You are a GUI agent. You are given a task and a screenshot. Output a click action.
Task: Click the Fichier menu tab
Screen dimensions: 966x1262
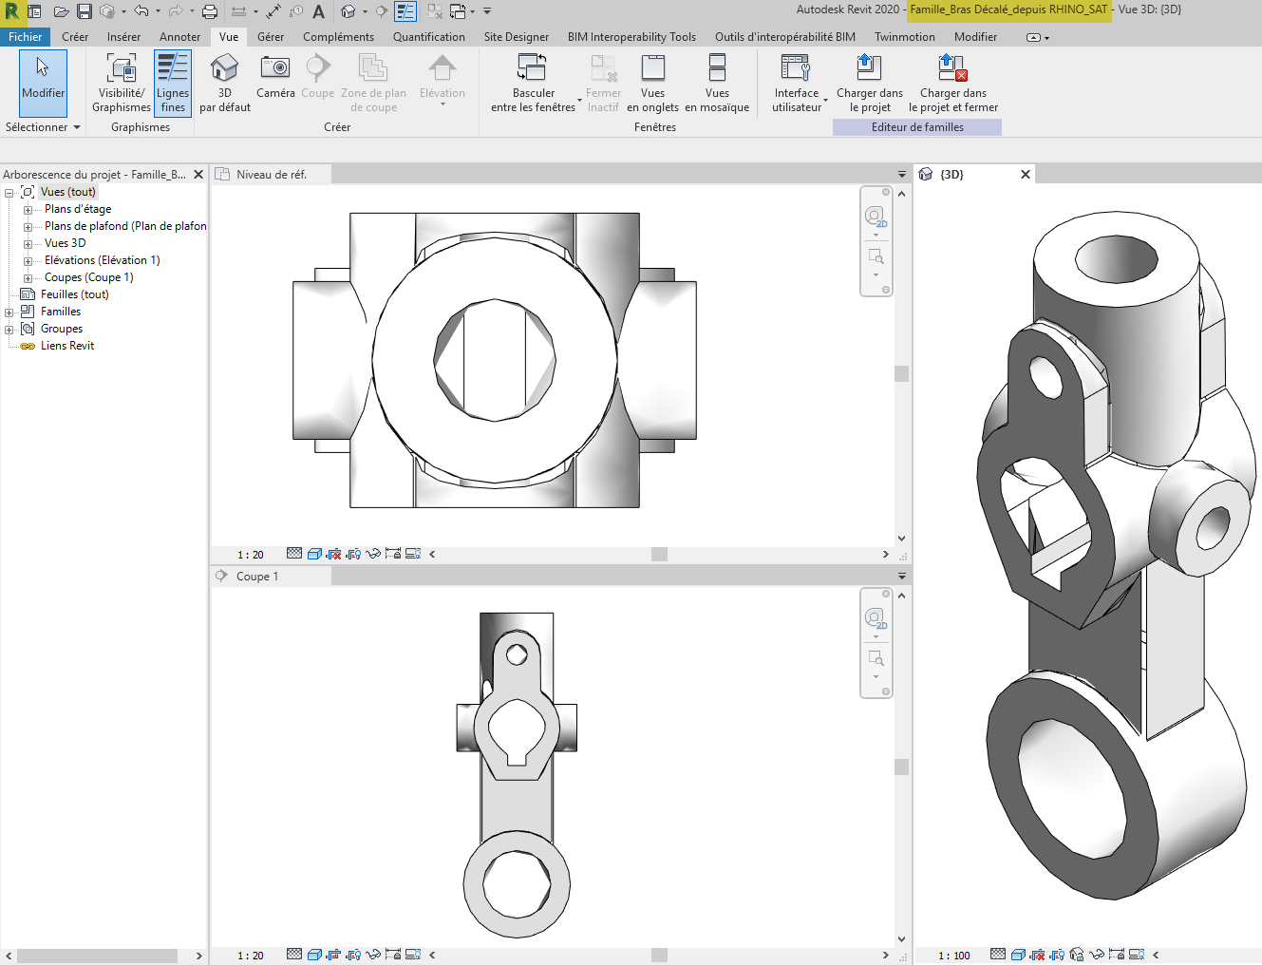click(26, 37)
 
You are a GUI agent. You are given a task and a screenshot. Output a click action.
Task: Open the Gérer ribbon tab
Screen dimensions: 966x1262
click(271, 37)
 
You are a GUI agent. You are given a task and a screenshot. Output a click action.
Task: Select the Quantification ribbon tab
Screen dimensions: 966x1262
click(428, 37)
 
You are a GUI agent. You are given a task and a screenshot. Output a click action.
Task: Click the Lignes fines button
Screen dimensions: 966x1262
click(173, 83)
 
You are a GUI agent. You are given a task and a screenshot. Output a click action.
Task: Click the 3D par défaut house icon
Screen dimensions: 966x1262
click(224, 68)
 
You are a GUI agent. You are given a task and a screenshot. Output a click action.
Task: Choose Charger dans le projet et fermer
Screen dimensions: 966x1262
click(952, 83)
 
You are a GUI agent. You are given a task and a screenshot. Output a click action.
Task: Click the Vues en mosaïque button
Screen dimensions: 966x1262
click(717, 83)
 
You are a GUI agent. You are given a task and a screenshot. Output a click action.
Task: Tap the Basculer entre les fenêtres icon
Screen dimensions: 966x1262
click(532, 68)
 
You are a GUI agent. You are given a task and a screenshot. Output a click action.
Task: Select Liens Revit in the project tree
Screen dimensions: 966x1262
click(67, 346)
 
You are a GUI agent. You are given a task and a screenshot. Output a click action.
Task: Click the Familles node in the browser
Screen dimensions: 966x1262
click(61, 312)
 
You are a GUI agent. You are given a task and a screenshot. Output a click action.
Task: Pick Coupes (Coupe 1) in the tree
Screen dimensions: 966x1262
click(88, 277)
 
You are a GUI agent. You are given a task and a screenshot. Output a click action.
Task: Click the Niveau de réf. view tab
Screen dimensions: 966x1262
click(272, 175)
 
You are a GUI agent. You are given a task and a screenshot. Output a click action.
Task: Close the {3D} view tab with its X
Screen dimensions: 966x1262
click(1026, 175)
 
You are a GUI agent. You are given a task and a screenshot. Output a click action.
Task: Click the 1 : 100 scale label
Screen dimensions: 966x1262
click(954, 956)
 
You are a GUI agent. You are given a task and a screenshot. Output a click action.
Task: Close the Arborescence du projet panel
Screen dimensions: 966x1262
click(198, 175)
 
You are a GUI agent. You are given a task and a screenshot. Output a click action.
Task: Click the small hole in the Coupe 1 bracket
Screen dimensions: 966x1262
click(517, 654)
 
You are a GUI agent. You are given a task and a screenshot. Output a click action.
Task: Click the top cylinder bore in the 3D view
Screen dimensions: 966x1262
click(1117, 257)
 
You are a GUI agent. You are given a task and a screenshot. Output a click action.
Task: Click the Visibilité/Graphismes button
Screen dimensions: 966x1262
click(122, 83)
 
